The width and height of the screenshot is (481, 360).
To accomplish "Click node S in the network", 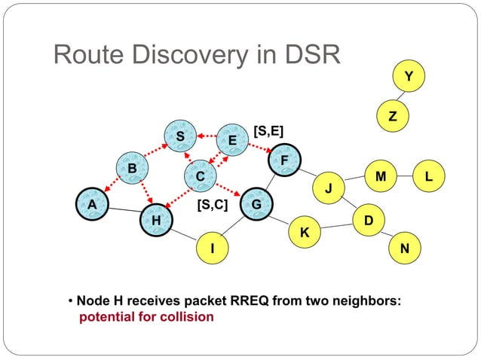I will click(x=179, y=136).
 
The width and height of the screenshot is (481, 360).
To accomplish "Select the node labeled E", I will click(x=232, y=140).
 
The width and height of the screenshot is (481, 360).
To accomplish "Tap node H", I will click(x=156, y=220).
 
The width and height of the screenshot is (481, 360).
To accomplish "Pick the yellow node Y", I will click(x=409, y=76).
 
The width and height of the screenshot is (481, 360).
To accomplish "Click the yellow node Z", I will click(x=391, y=116).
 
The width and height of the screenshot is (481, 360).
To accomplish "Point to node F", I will click(x=283, y=160).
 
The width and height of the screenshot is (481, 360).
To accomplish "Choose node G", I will click(x=256, y=204).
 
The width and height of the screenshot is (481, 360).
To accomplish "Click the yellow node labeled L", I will click(x=428, y=176).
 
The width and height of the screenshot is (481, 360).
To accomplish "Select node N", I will click(x=405, y=248).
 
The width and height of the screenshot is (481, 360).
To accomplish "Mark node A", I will click(x=91, y=204).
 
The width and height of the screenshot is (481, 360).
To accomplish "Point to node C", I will click(x=200, y=176).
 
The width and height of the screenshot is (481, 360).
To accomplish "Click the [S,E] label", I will click(x=268, y=131).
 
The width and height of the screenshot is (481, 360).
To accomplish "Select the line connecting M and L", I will click(x=405, y=176).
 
